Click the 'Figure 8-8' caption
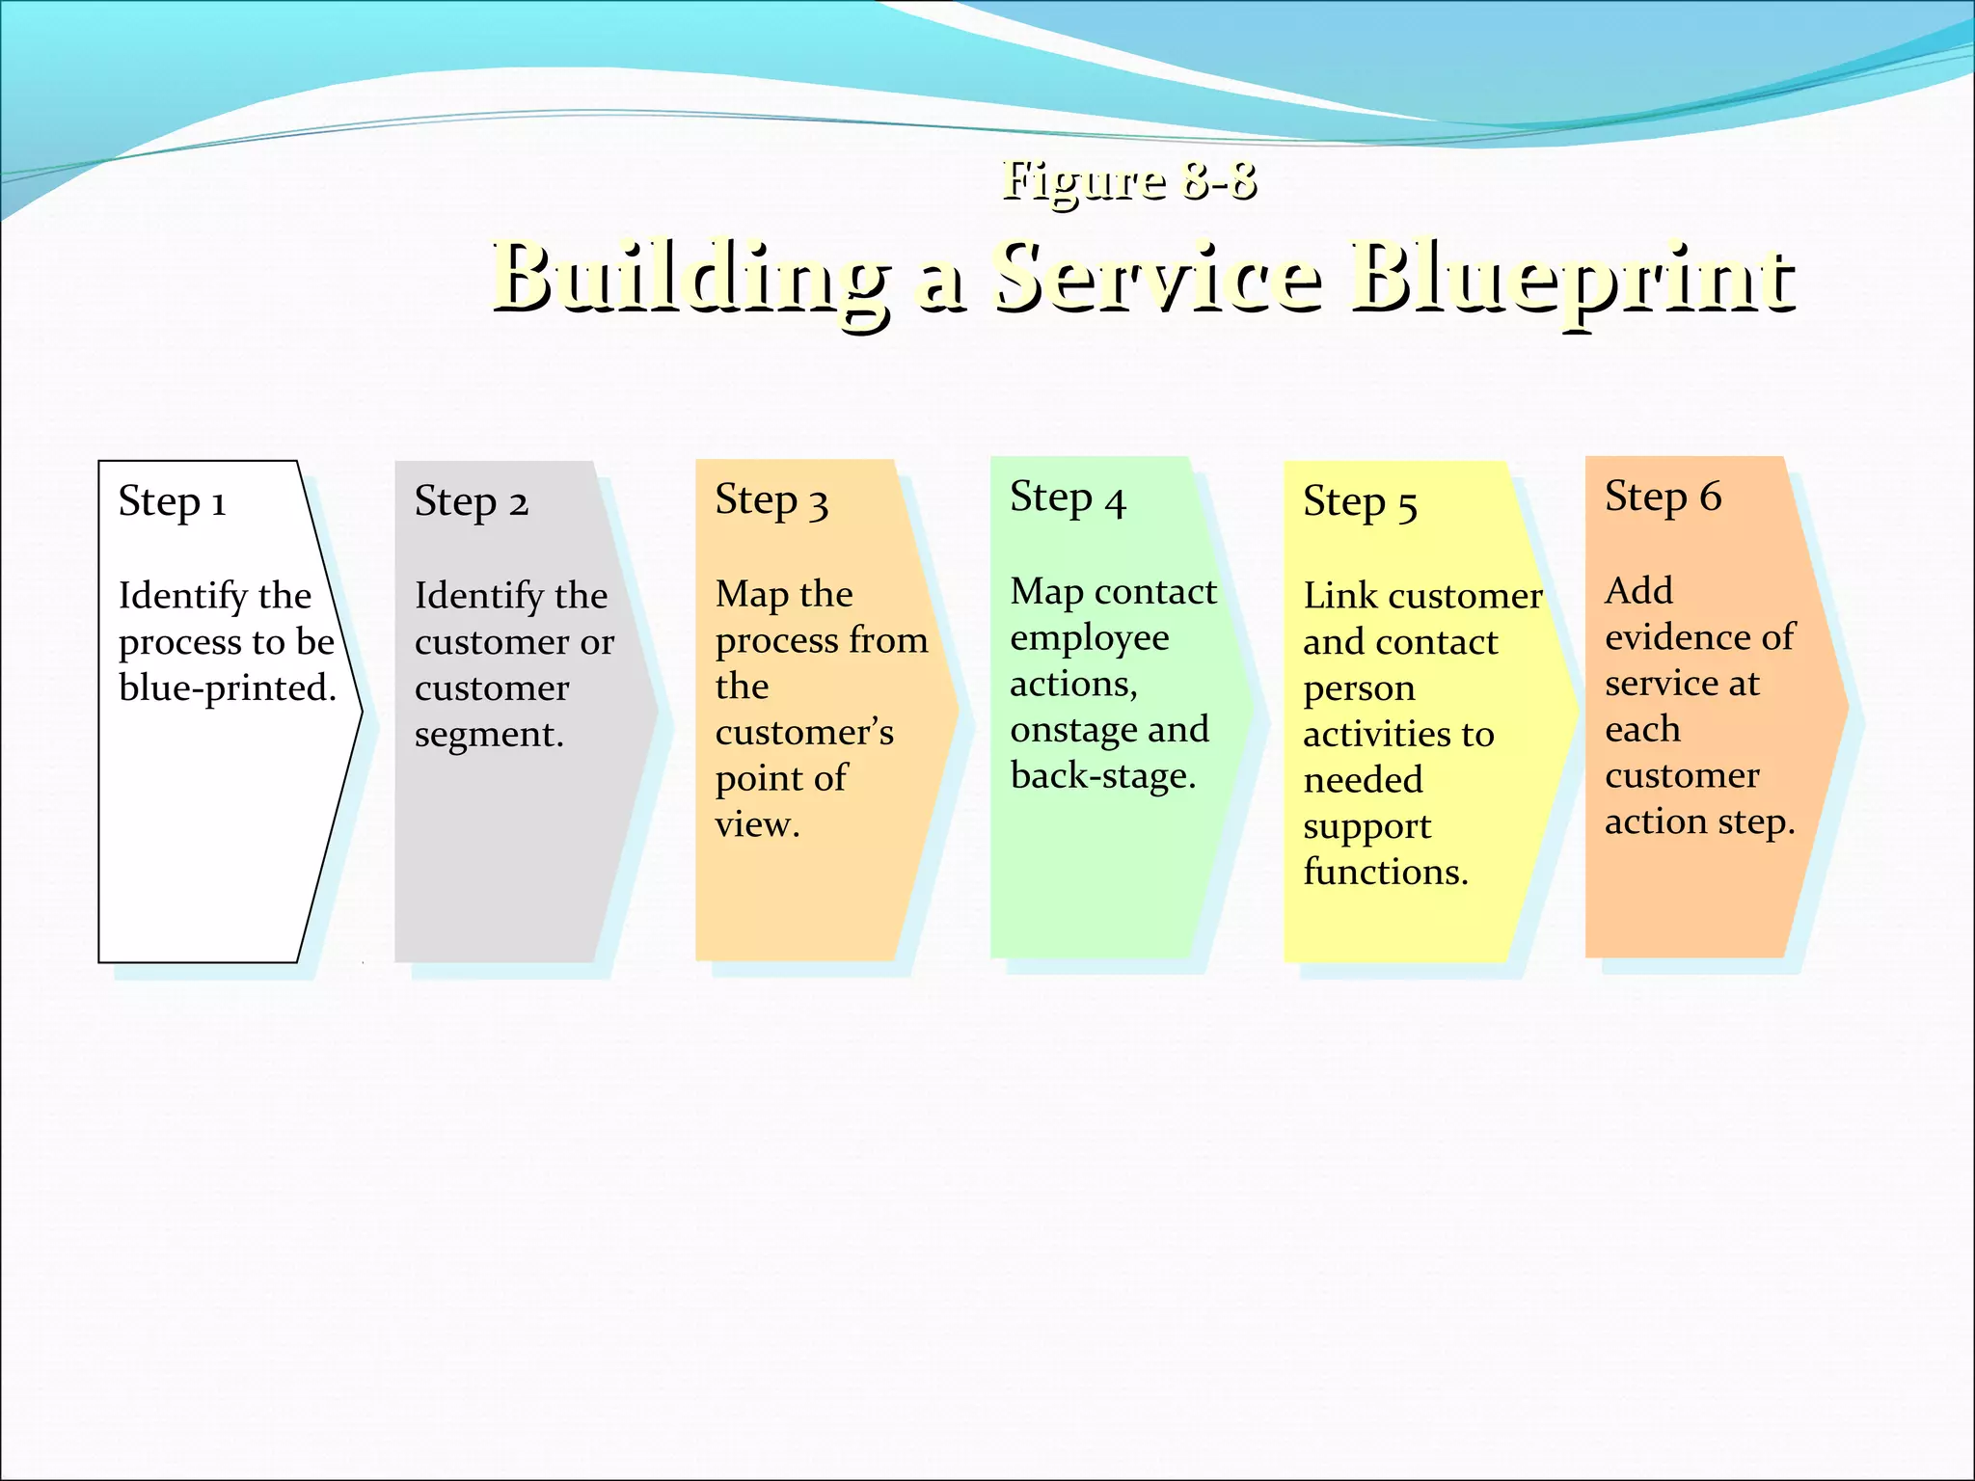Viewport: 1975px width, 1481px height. click(x=1128, y=180)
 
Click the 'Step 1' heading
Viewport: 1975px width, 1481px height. click(x=172, y=502)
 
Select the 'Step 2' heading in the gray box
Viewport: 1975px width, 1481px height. click(x=471, y=502)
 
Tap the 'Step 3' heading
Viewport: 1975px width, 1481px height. click(x=771, y=501)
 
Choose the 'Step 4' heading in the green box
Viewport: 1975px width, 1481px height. click(x=1068, y=498)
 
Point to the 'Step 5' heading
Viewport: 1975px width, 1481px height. click(x=1360, y=502)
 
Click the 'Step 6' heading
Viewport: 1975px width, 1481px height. click(x=1663, y=498)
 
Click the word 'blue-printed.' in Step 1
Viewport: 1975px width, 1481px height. click(x=228, y=688)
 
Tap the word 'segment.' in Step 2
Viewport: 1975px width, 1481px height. click(x=489, y=735)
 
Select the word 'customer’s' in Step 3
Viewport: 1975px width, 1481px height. click(x=804, y=733)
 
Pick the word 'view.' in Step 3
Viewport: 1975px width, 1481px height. click(x=757, y=825)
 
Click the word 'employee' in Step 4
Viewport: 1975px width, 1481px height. click(x=1089, y=638)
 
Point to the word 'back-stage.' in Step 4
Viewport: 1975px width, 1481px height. click(x=1103, y=776)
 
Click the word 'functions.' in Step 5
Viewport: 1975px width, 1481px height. click(x=1385, y=873)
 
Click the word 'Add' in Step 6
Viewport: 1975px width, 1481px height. click(x=1638, y=591)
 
